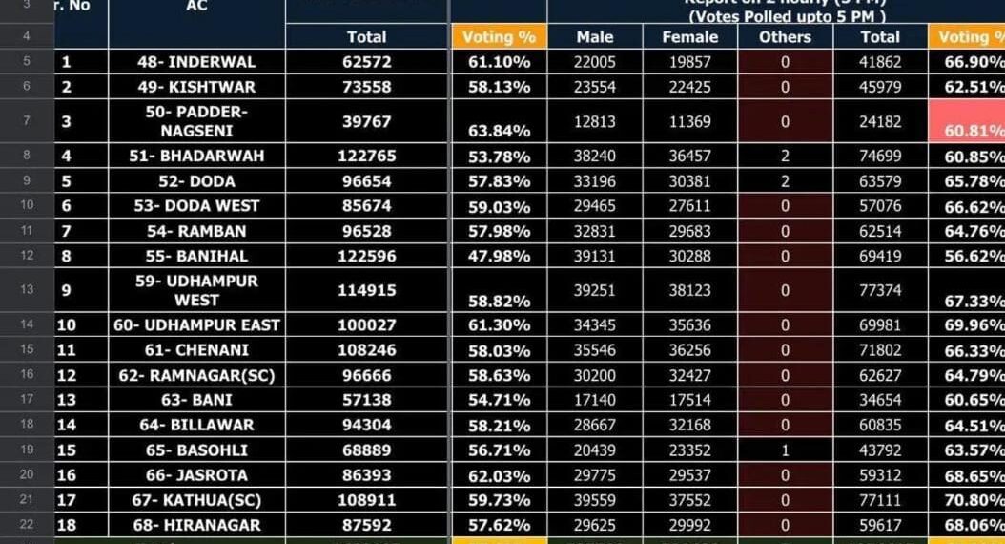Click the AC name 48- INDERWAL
pos(196,62)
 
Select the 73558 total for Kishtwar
pos(366,87)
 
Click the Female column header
pos(689,37)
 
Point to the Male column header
pos(595,37)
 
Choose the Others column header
pos(785,37)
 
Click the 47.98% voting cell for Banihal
pos(499,256)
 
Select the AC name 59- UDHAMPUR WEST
pos(196,290)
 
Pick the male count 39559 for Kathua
pos(596,500)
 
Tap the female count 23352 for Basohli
pos(689,450)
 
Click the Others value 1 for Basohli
pos(785,450)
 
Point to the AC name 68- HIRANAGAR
pos(196,525)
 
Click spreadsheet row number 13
pos(27,290)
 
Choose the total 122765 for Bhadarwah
pos(366,156)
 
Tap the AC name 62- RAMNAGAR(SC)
pos(196,375)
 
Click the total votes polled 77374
pos(879,290)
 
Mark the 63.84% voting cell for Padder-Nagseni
pos(499,132)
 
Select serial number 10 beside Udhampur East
pos(67,325)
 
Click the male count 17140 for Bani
pos(596,400)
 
